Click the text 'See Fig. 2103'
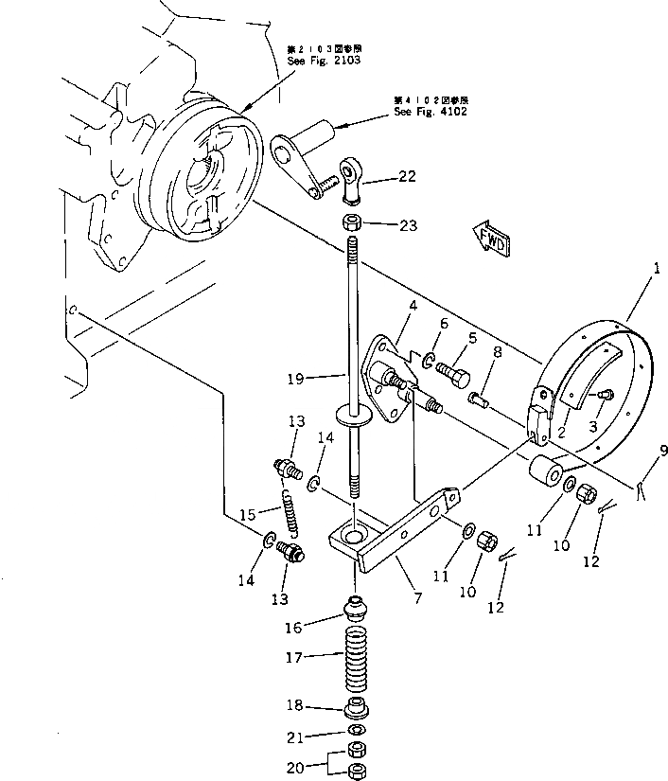pyautogui.click(x=325, y=61)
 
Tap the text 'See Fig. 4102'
pyautogui.click(x=431, y=112)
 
